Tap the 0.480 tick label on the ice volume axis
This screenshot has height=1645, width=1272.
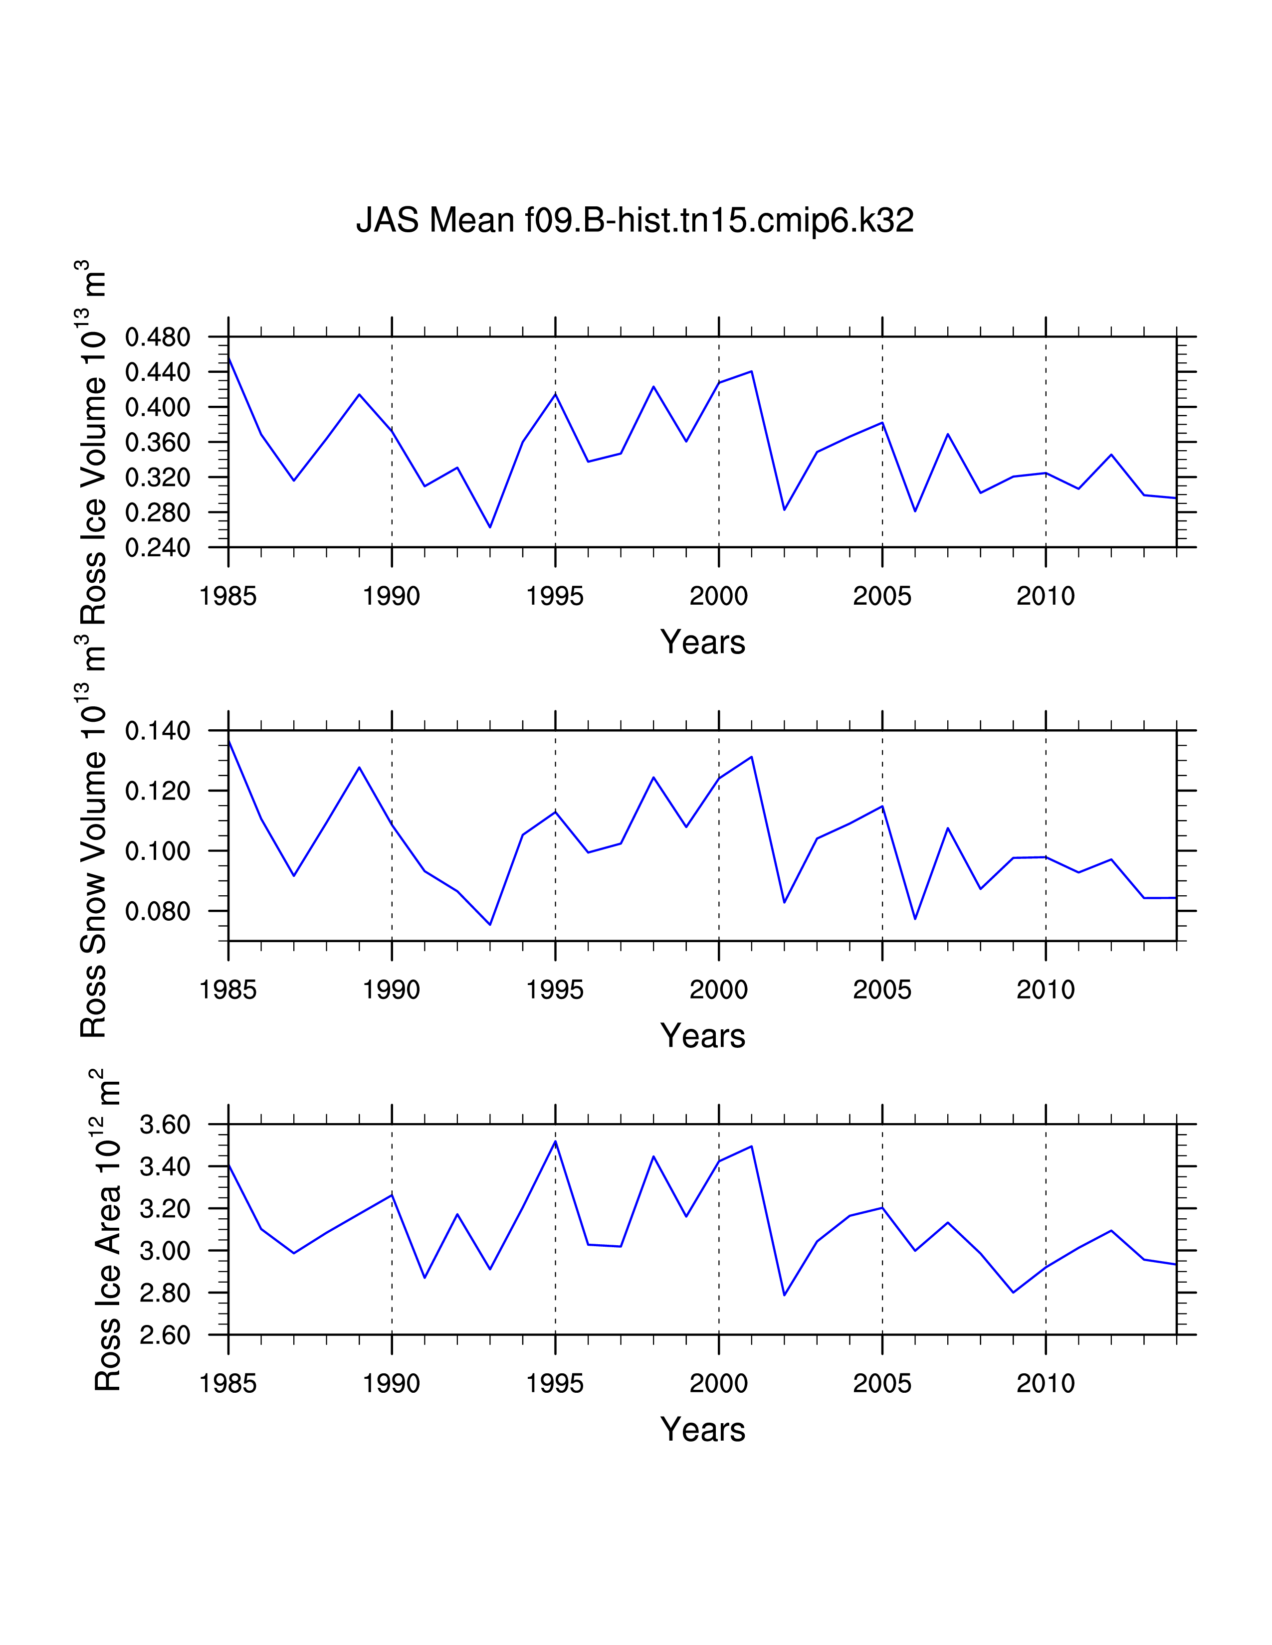click(158, 337)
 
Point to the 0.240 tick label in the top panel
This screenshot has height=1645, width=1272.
click(158, 547)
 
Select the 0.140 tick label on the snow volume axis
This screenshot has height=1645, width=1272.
click(158, 731)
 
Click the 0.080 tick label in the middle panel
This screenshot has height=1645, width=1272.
click(158, 911)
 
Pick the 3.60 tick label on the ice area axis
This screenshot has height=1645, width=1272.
click(165, 1125)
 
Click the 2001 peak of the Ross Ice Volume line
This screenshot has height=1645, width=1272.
click(751, 371)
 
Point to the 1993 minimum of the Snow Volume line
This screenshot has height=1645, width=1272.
click(490, 924)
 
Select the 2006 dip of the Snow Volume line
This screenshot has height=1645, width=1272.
click(915, 919)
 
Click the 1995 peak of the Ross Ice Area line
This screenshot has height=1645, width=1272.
click(555, 1141)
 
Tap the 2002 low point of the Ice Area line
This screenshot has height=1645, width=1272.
click(785, 1295)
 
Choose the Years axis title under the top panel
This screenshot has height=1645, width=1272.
click(702, 643)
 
